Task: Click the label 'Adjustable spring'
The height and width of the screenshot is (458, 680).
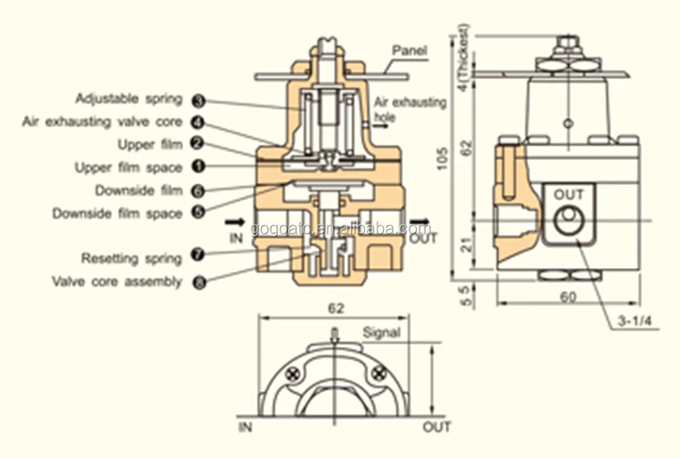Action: pyautogui.click(x=129, y=99)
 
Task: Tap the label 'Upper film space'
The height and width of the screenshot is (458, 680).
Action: pyautogui.click(x=128, y=167)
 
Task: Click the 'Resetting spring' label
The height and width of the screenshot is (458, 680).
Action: pyautogui.click(x=131, y=258)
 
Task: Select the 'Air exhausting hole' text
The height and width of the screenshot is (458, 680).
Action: pyautogui.click(x=410, y=109)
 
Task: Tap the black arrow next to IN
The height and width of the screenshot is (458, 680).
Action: pyautogui.click(x=237, y=222)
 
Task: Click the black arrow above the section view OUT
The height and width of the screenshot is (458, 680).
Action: pyautogui.click(x=420, y=222)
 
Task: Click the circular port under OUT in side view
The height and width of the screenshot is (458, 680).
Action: pyautogui.click(x=568, y=219)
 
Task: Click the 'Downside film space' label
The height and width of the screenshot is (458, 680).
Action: pyautogui.click(x=117, y=213)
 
